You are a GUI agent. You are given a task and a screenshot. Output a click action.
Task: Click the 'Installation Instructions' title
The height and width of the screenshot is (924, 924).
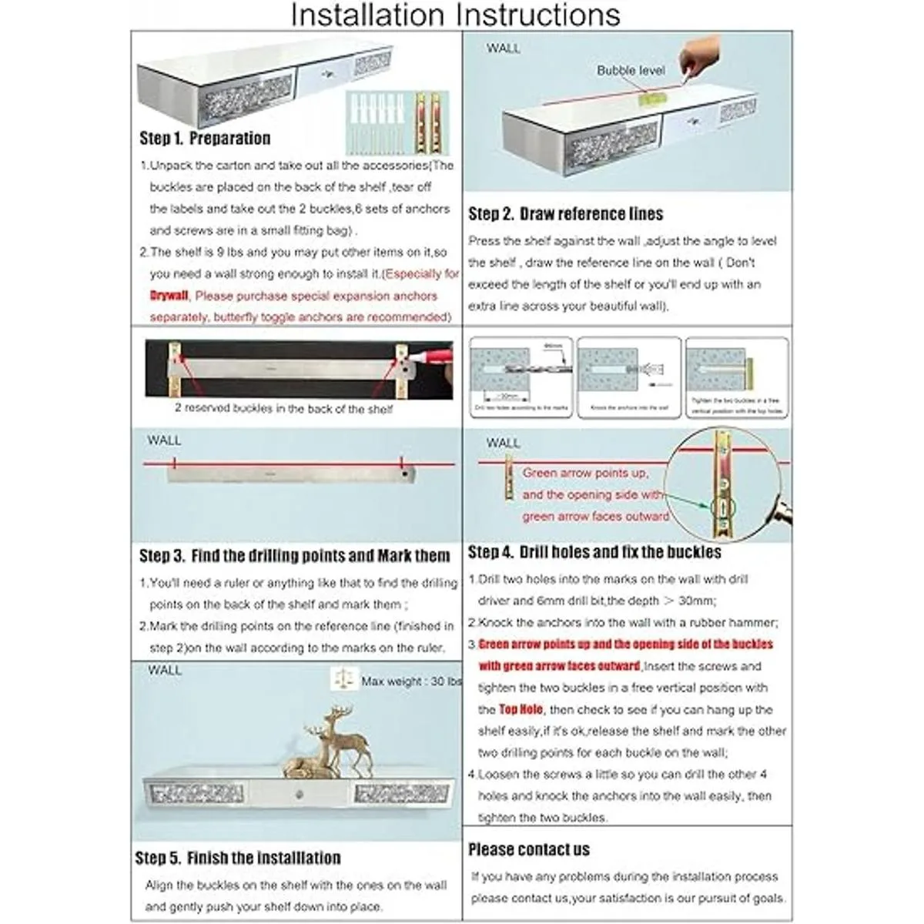(x=455, y=15)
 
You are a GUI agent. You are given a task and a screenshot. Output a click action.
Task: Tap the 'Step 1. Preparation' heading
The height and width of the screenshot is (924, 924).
(x=205, y=139)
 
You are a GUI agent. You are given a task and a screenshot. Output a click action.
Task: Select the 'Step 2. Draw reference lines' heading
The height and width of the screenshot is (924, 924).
(x=565, y=214)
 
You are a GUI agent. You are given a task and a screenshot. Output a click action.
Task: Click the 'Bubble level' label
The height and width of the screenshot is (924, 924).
(x=631, y=70)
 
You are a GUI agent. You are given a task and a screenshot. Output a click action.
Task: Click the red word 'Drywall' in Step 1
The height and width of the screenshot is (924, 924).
(x=169, y=296)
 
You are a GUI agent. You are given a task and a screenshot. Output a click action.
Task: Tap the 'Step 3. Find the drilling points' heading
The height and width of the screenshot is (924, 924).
(x=294, y=556)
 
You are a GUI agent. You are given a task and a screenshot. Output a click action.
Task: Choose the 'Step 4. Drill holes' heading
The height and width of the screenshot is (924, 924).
(x=594, y=552)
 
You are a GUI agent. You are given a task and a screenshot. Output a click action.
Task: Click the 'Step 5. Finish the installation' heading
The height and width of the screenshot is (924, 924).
(x=237, y=858)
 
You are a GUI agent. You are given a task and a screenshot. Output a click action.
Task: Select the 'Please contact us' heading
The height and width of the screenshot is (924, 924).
(x=528, y=850)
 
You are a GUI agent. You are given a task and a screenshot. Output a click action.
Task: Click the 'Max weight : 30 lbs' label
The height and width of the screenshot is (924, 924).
(x=411, y=681)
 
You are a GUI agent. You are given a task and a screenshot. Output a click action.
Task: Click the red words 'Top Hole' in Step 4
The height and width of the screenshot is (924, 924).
(x=521, y=709)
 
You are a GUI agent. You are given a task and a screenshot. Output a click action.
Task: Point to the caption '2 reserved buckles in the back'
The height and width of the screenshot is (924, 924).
(x=283, y=409)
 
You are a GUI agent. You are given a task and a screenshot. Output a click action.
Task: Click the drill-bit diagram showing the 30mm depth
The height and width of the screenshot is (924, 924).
(x=521, y=377)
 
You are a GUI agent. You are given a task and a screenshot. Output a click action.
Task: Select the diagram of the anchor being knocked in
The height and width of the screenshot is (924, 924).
(x=629, y=377)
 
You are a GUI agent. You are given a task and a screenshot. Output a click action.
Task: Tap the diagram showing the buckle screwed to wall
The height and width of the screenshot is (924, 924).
(x=737, y=377)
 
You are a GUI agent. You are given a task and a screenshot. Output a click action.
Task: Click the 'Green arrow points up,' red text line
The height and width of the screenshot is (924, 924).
(x=585, y=473)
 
